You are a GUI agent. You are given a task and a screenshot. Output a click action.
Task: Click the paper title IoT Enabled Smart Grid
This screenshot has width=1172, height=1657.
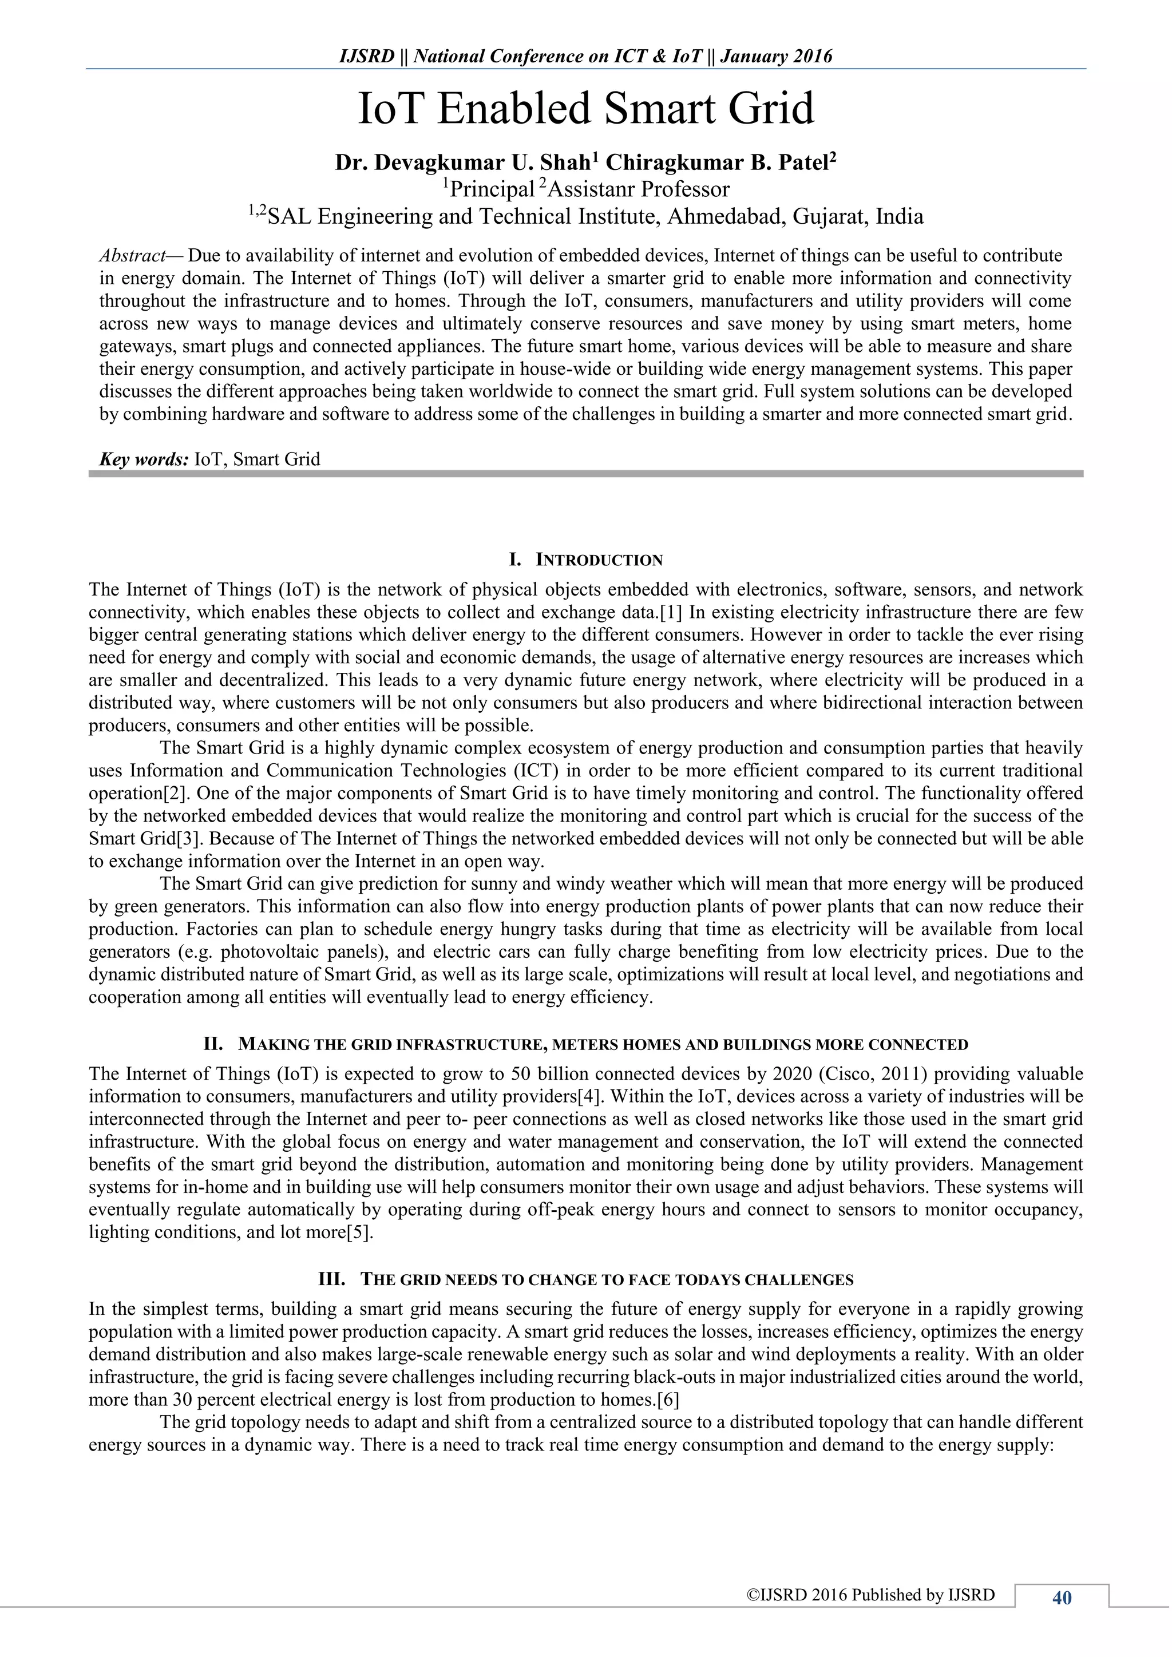[x=586, y=108]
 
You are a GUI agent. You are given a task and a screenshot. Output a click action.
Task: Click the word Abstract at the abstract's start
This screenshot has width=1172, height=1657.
[x=132, y=256]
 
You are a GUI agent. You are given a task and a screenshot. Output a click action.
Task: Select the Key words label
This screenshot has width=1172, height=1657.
[x=144, y=459]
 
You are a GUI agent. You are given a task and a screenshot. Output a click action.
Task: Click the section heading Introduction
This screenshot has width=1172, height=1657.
[x=599, y=560]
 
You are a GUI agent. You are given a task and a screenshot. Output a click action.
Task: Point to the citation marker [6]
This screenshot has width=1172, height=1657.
[x=668, y=1400]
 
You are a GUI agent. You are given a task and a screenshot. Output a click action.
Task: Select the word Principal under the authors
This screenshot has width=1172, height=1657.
[x=491, y=190]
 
